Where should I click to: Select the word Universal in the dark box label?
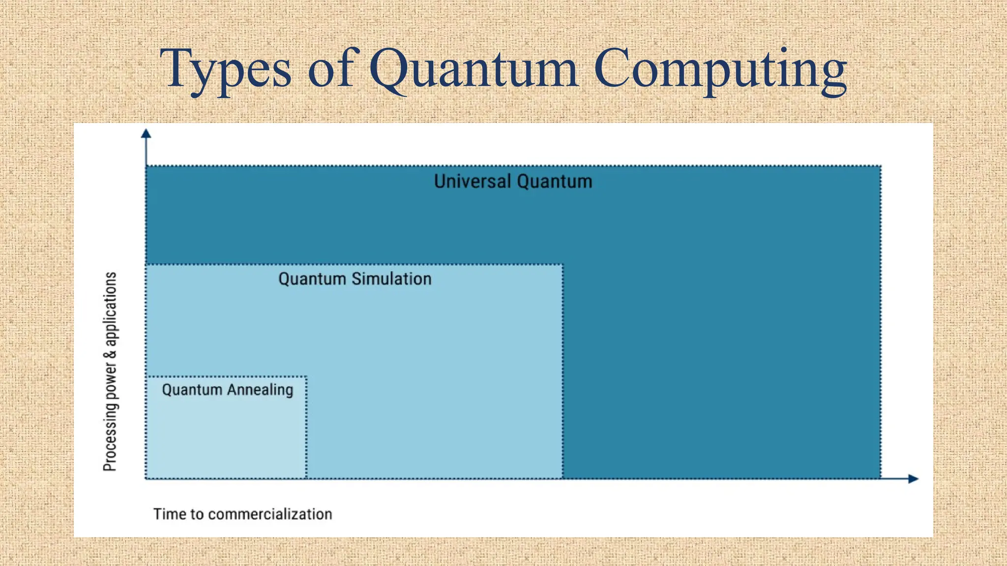tap(473, 181)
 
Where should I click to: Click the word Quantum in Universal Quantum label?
tap(554, 181)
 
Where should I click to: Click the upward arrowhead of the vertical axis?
tap(146, 134)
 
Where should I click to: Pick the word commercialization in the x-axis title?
tap(270, 514)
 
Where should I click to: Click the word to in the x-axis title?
tap(197, 514)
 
